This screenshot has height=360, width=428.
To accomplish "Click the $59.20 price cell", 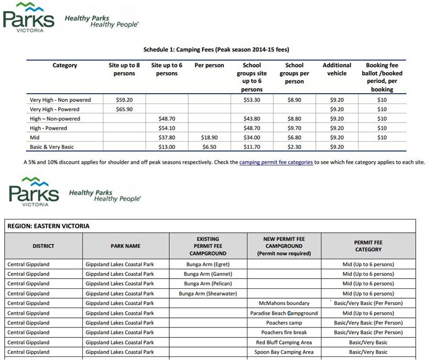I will click(124, 100).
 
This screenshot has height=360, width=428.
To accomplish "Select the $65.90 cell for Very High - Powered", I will click(124, 109).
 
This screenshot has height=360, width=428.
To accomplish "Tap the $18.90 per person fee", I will click(209, 138).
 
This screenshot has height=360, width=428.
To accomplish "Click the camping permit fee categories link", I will click(276, 162).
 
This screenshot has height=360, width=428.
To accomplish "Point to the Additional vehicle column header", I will click(336, 70).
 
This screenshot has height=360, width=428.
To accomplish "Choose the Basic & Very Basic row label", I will click(52, 147).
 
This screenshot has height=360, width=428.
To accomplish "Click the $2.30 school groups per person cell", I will click(294, 147).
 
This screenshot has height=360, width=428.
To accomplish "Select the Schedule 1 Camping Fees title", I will click(216, 50).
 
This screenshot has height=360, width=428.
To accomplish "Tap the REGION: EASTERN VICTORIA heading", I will click(48, 226).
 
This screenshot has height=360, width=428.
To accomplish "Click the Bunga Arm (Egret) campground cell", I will click(207, 264).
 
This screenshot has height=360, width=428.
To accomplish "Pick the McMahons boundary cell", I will click(284, 303).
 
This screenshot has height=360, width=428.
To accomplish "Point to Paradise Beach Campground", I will click(284, 313).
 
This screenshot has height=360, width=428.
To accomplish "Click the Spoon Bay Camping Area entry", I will click(284, 352).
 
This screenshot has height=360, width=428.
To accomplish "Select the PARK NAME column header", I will click(126, 246).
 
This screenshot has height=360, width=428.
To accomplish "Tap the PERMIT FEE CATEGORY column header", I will click(368, 246).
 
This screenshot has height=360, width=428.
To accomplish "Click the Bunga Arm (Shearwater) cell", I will click(207, 294).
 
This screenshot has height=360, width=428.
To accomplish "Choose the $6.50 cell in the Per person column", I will click(209, 147).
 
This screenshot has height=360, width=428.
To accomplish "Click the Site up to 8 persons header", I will click(124, 70).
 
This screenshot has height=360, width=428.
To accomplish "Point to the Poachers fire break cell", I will click(284, 333).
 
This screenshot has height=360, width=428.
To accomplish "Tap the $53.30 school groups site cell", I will click(252, 100).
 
